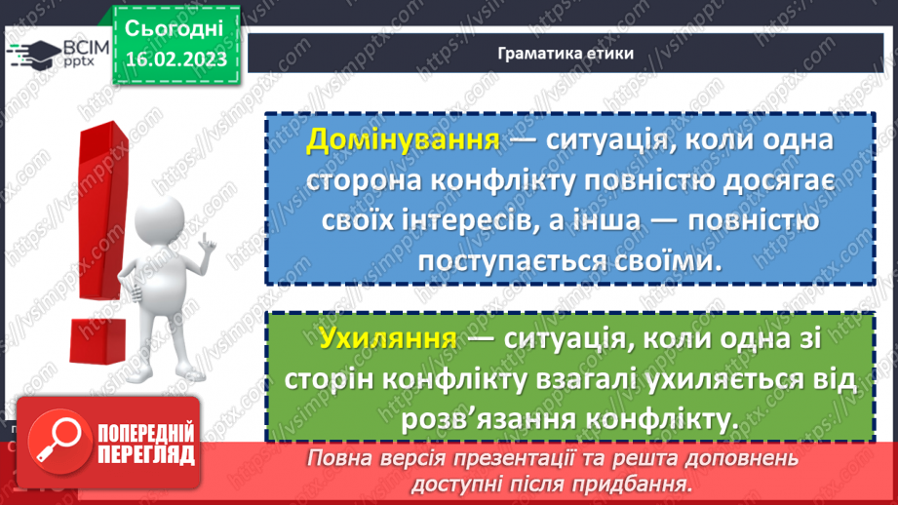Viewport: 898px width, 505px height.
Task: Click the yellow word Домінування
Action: pyautogui.click(x=403, y=141)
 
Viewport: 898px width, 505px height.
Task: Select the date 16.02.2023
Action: pyautogui.click(x=176, y=59)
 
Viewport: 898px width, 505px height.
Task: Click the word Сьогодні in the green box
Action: pyautogui.click(x=175, y=27)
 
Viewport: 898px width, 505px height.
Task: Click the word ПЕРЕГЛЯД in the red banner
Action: pyautogui.click(x=141, y=454)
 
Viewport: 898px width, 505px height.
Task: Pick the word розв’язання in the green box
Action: pyautogui.click(x=486, y=420)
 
